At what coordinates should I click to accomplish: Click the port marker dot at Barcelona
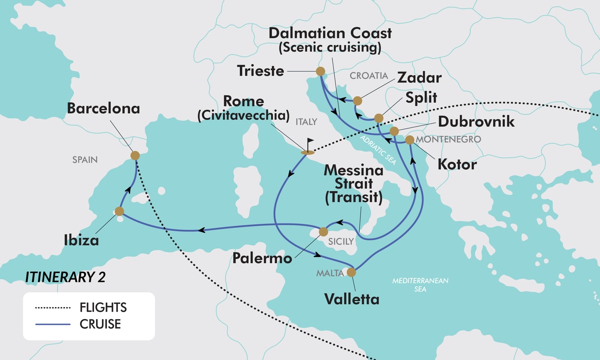134,155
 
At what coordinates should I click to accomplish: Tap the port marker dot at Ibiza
119,211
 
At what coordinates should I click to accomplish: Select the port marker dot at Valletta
351,272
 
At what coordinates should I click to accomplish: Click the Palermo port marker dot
323,231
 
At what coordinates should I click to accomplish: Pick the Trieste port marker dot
320,71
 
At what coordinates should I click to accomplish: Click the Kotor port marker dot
409,140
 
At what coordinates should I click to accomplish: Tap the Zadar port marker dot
357,101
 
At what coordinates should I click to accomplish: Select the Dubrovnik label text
476,121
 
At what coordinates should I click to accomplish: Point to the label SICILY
341,242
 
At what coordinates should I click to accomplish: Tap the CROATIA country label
369,76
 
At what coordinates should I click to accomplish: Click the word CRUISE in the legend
100,324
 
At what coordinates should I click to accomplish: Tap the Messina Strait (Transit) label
353,184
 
